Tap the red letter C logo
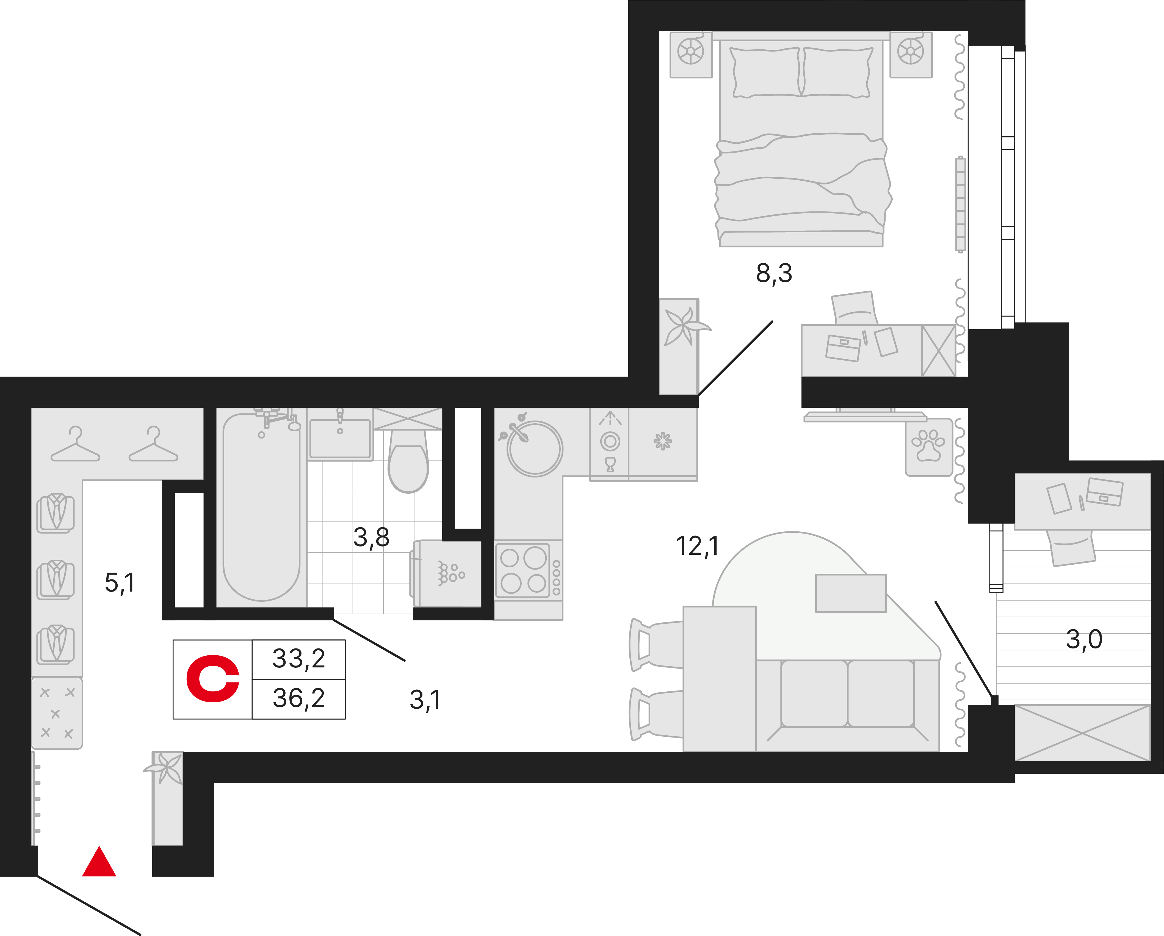213,679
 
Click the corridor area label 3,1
425,700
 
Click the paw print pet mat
929,447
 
